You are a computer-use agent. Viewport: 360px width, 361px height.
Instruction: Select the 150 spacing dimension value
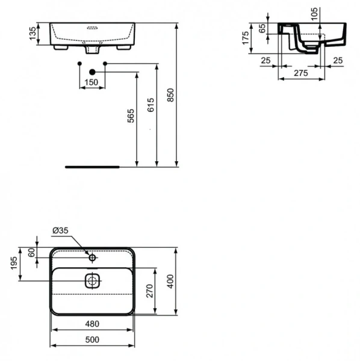click(92, 82)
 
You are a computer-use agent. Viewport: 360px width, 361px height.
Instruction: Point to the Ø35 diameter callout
click(60, 230)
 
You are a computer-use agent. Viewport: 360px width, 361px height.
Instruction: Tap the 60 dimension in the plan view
click(32, 253)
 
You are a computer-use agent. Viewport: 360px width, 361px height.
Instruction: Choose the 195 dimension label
click(13, 264)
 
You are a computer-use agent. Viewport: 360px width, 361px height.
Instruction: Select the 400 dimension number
click(170, 281)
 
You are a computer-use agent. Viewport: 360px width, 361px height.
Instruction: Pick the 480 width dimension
click(92, 324)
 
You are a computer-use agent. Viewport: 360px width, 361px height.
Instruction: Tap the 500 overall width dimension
click(92, 339)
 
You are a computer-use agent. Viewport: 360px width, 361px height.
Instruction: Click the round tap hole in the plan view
click(92, 258)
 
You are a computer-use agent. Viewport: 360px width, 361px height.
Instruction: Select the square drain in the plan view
click(92, 280)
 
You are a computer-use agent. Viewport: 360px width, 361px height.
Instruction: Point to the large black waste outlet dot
click(92, 72)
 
